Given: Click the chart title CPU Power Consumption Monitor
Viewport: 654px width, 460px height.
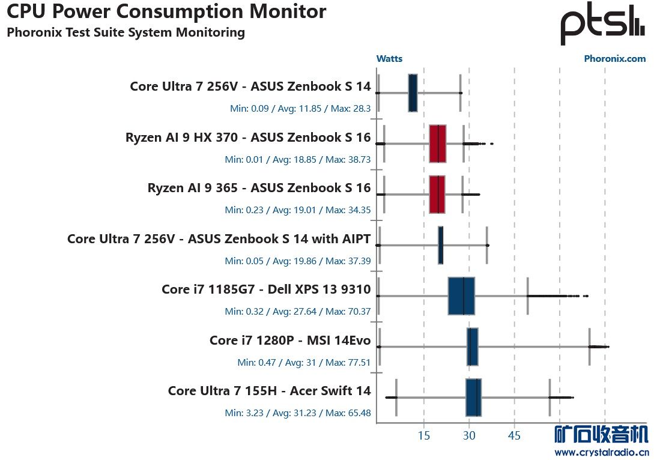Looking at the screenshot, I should click(x=166, y=11).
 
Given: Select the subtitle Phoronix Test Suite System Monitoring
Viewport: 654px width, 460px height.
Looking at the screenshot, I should click(x=126, y=32).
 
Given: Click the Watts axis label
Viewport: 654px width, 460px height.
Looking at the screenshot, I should click(x=389, y=59).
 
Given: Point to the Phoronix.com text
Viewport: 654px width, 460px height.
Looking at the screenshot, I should click(x=614, y=59).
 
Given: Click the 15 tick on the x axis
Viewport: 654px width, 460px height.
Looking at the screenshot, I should click(x=424, y=435).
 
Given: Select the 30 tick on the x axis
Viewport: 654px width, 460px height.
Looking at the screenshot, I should click(x=469, y=435).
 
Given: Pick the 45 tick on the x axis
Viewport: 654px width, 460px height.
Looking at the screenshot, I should click(x=514, y=435).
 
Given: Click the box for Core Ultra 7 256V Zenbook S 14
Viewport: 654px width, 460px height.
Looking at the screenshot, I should click(x=413, y=93).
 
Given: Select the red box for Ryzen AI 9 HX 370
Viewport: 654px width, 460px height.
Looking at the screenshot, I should click(x=438, y=144).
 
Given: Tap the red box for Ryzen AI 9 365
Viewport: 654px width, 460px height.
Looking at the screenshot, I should click(x=437, y=195).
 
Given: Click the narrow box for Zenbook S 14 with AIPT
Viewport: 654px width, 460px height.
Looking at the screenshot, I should click(x=440, y=245).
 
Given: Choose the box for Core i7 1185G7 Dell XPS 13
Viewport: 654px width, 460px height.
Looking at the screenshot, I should click(x=461, y=296).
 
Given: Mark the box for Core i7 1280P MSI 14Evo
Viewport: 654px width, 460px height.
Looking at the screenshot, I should click(x=473, y=347).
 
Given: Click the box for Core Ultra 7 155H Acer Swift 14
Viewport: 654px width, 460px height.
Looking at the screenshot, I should click(x=473, y=398).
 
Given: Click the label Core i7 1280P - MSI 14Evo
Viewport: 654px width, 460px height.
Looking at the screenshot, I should click(x=290, y=340).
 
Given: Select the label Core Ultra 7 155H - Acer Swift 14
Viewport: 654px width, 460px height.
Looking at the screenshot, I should click(x=269, y=391).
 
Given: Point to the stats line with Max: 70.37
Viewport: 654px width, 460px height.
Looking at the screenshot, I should click(x=297, y=312).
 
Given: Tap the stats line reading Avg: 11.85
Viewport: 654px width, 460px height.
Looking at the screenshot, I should click(x=300, y=109).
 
